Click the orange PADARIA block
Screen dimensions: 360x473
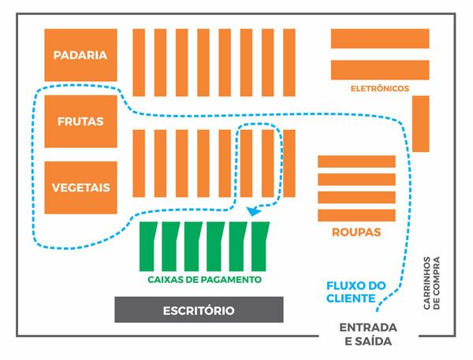pyautogui.click(x=80, y=54)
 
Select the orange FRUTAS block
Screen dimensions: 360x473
pyautogui.click(x=80, y=121)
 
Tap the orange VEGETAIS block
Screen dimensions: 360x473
pyautogui.click(x=80, y=187)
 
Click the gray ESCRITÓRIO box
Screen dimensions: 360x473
pyautogui.click(x=199, y=310)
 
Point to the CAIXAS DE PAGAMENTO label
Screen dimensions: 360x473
pyautogui.click(x=204, y=280)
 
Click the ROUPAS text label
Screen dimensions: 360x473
pyautogui.click(x=356, y=232)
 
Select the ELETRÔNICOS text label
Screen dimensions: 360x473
pyautogui.click(x=379, y=89)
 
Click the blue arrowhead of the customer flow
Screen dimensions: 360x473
pyautogui.click(x=252, y=210)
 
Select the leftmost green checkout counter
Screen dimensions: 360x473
pyautogui.click(x=147, y=245)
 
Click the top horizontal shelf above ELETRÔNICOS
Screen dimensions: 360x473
pyautogui.click(x=379, y=39)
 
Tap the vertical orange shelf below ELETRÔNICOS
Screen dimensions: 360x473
pyautogui.click(x=420, y=124)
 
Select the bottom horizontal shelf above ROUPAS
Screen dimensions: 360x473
pyautogui.click(x=356, y=213)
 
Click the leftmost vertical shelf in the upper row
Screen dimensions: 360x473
pyautogui.click(x=139, y=62)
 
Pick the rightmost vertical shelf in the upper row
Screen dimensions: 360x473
pyautogui.click(x=289, y=62)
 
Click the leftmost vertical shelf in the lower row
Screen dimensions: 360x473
pyautogui.click(x=139, y=163)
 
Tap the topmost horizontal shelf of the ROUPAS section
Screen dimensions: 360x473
pyautogui.click(x=356, y=161)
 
